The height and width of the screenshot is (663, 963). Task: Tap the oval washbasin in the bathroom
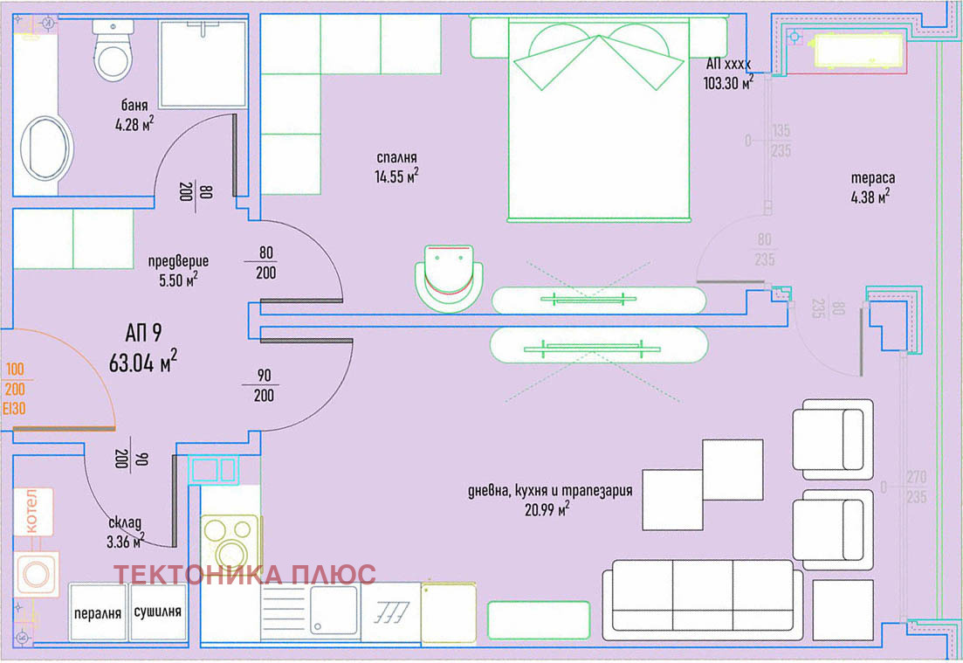coord(45,148)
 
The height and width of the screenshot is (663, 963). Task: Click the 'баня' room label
coord(134,105)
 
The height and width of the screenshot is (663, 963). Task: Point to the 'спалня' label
coord(396,158)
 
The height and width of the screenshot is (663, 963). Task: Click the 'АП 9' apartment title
coord(144,333)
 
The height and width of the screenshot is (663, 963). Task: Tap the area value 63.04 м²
coord(143,362)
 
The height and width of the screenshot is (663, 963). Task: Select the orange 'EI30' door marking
coord(15,409)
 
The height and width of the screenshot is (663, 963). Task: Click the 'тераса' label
coord(873,178)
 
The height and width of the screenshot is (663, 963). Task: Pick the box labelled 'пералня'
coord(98,612)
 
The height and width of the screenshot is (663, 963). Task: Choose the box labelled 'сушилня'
coord(158,612)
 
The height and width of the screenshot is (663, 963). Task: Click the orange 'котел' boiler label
coord(31,511)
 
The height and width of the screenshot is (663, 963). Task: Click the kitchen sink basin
coord(334,610)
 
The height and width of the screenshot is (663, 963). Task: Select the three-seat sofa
coord(703,600)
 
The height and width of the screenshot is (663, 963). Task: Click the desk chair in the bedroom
coord(449,277)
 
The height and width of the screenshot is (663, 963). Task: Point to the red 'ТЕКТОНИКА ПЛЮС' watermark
coord(244,575)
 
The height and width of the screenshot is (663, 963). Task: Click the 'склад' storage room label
coord(125,523)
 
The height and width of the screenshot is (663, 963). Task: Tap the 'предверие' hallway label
coord(178,261)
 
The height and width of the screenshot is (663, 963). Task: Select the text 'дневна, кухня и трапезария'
coord(550,490)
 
